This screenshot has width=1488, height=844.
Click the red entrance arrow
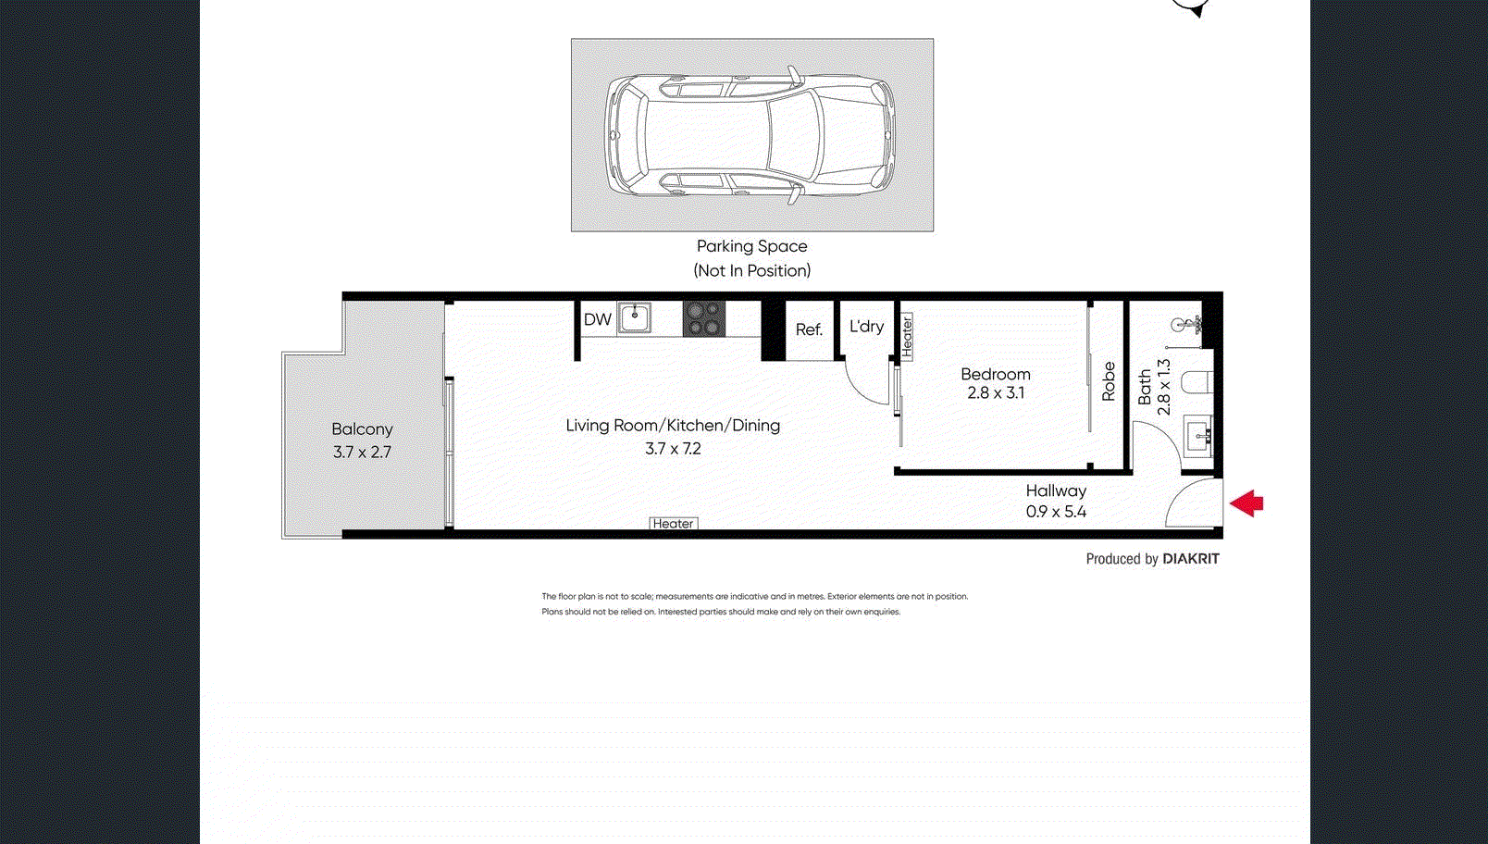tap(1246, 503)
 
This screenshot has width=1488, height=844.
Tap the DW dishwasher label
tap(597, 319)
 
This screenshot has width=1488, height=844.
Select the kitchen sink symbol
tap(635, 318)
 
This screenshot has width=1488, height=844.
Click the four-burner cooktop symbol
tap(704, 318)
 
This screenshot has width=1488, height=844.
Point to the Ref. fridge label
tap(809, 329)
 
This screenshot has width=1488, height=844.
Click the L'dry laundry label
tap(866, 326)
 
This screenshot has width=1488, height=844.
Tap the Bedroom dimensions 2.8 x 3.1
tap(996, 392)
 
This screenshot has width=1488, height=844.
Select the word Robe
tap(1109, 380)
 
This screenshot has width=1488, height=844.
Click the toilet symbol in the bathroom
tap(1197, 383)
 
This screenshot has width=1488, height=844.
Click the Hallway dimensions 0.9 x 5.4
tap(1056, 512)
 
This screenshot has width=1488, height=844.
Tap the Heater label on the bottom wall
tap(673, 524)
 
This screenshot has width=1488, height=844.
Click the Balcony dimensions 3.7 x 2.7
tap(362, 452)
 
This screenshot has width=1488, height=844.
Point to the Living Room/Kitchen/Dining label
tap(673, 426)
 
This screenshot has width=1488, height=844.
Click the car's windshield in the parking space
tap(794, 135)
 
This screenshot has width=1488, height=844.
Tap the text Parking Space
tap(751, 246)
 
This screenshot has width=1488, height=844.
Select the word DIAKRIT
tap(1190, 559)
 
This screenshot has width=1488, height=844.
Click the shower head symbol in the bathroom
tap(1185, 325)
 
